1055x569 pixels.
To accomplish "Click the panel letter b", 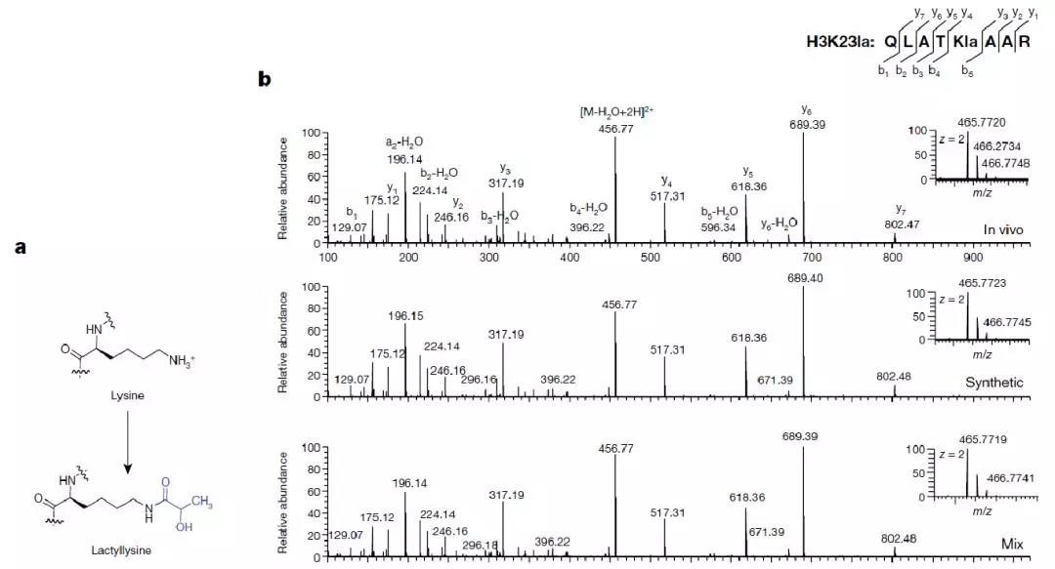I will (264, 78).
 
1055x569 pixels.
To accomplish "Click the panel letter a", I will (21, 248).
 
